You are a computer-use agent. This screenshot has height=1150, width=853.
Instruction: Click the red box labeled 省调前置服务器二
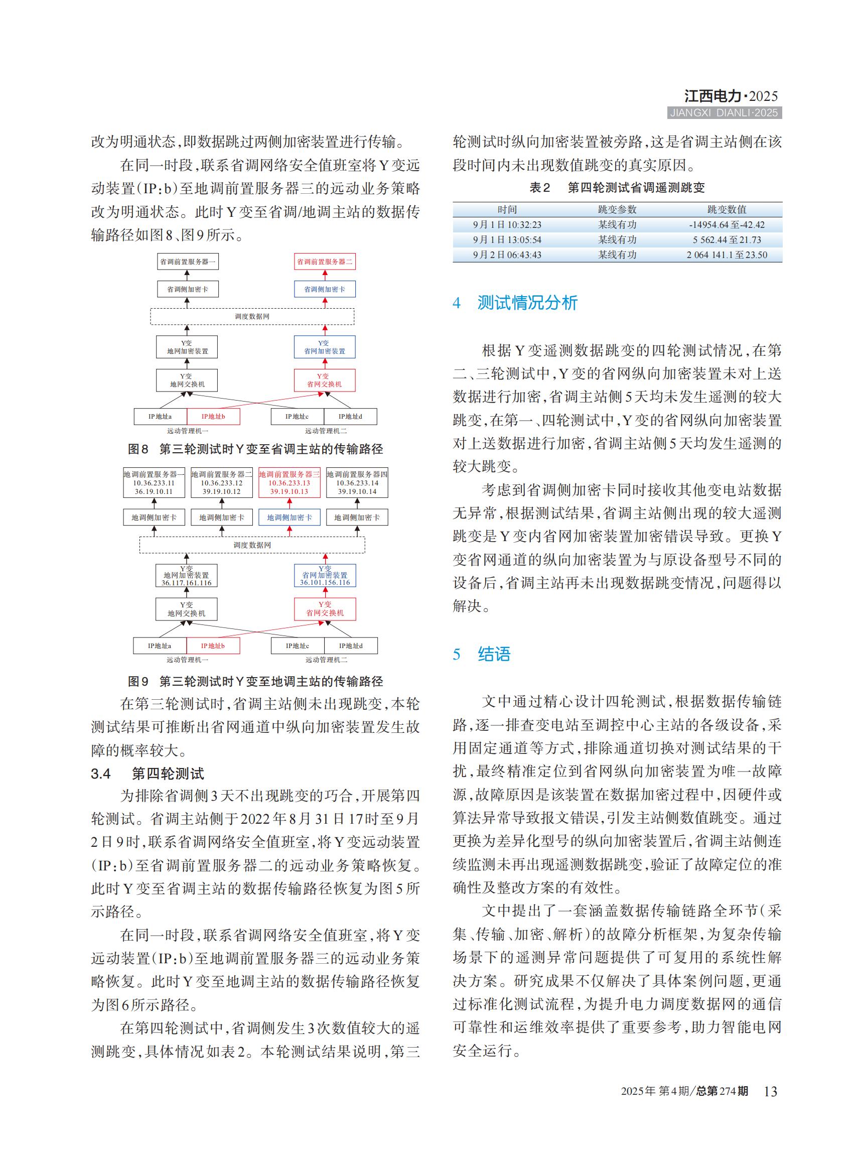coord(324,262)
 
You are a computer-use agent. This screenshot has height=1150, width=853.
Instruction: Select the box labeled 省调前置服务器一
coord(188,262)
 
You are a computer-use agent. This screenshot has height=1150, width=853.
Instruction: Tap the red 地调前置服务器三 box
coord(289,482)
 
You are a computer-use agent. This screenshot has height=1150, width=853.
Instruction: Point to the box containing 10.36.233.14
coord(357,482)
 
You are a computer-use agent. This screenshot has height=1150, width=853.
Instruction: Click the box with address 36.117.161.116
coord(186,575)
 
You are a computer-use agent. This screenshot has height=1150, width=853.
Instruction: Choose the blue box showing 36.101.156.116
coord(325,575)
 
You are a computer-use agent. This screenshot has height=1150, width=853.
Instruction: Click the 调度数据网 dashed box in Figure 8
coord(252,316)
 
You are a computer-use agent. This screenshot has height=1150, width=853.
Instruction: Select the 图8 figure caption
coord(255,449)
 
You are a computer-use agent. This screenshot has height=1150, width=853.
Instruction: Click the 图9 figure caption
coord(255,682)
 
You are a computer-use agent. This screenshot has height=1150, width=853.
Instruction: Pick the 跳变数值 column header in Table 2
coord(727,209)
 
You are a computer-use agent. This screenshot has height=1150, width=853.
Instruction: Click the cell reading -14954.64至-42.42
coord(727,225)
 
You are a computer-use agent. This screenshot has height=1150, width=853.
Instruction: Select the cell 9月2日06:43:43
coord(507,254)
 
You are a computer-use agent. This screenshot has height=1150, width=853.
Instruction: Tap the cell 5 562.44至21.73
coord(727,240)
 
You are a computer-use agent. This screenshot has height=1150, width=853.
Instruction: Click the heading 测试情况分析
coord(527,302)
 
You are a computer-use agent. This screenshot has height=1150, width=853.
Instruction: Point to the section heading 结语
coord(494,654)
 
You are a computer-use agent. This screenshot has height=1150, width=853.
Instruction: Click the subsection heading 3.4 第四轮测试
coord(148,774)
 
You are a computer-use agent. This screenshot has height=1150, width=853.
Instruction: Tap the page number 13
coord(770,1091)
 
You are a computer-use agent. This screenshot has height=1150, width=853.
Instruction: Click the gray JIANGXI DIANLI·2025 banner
coord(724,112)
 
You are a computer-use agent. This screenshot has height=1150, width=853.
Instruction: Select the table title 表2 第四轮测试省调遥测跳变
coord(617,188)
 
